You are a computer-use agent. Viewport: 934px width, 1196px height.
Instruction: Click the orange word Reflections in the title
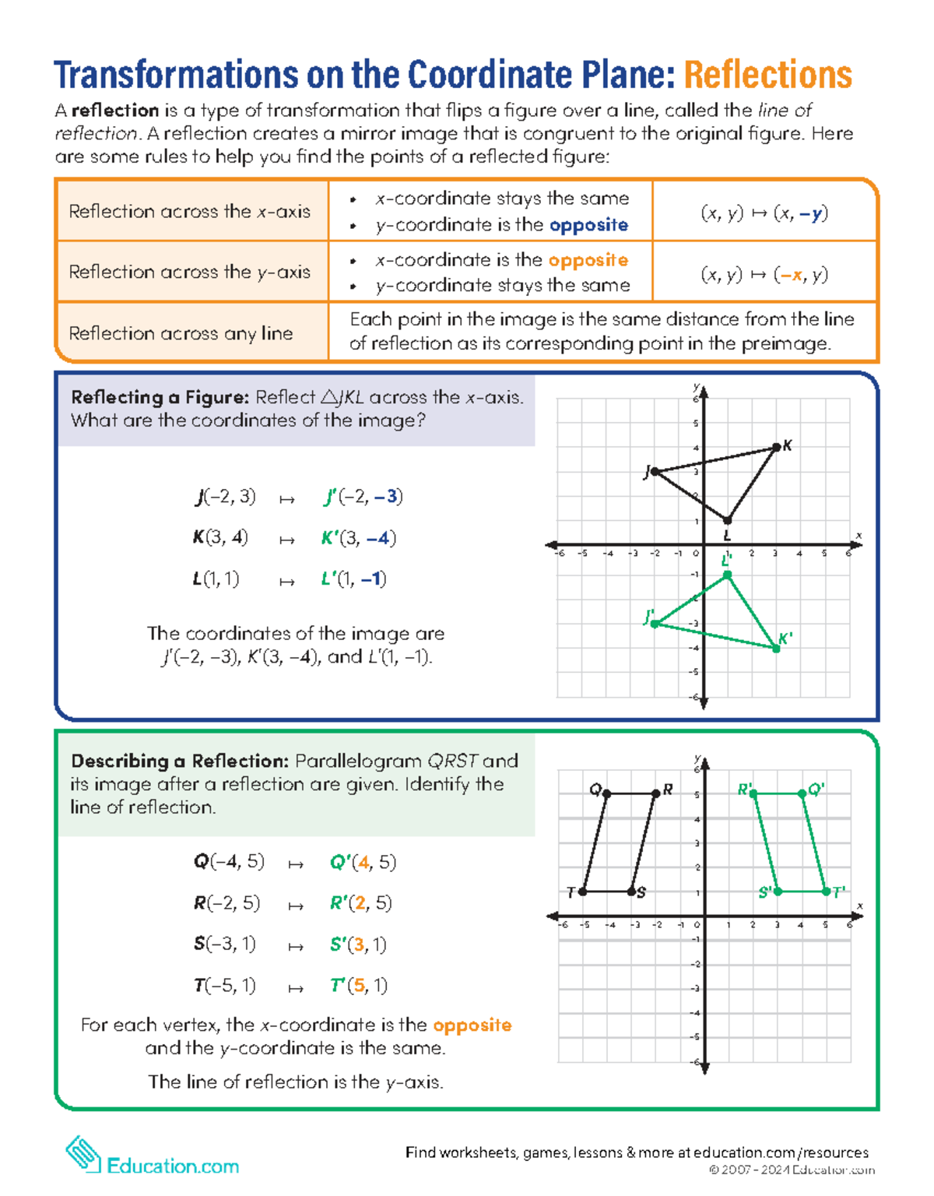tap(767, 76)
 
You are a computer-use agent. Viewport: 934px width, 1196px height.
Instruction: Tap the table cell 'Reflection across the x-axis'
tap(189, 211)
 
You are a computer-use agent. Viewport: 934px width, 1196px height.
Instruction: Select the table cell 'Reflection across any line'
tap(181, 333)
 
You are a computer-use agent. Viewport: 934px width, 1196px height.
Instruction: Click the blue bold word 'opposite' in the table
tap(588, 225)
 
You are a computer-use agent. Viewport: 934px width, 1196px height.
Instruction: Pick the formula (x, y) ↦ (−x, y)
tap(764, 274)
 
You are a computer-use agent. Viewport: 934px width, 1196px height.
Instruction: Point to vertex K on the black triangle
tap(776, 447)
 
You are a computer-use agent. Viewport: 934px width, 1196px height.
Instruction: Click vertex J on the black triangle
tap(655, 471)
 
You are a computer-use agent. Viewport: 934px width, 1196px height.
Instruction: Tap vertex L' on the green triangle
tap(728, 575)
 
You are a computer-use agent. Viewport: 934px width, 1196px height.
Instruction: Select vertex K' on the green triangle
tap(776, 648)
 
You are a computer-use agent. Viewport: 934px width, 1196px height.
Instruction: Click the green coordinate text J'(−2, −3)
tap(363, 497)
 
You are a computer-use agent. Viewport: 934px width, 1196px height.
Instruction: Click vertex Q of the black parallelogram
tap(607, 793)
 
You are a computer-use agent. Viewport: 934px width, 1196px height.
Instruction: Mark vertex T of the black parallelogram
tap(583, 892)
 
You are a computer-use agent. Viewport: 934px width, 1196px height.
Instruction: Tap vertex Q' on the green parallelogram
tap(802, 793)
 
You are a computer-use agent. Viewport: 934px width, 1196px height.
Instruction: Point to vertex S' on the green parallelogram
tap(778, 892)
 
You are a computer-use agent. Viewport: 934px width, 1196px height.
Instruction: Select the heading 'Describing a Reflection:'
tap(180, 761)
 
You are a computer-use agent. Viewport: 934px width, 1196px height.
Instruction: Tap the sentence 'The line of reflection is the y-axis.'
tap(296, 1082)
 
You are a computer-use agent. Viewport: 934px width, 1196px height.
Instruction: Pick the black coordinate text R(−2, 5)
tap(226, 903)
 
